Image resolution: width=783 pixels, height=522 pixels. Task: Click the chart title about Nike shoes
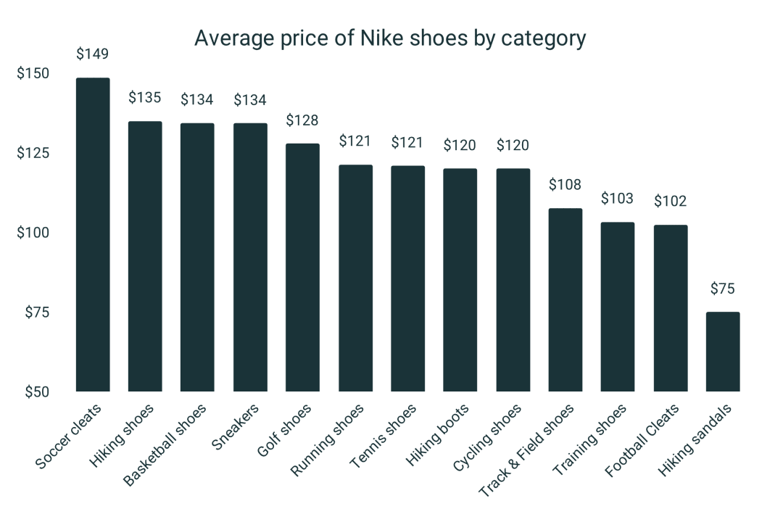pos(389,38)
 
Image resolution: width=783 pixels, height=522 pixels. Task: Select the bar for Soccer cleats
pos(93,235)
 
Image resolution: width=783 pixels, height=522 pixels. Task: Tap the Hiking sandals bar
pos(723,352)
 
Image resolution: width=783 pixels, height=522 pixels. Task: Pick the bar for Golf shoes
pos(302,268)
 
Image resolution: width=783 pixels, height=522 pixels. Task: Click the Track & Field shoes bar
pos(565,300)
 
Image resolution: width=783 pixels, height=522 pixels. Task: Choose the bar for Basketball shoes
pos(197,257)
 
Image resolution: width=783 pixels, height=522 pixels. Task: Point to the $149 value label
pos(93,54)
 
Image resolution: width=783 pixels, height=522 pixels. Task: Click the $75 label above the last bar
pos(723,289)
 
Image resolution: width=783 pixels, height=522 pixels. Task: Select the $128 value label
pos(302,120)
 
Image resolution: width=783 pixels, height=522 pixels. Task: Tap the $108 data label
pos(565,184)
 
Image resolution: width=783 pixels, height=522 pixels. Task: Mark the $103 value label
pos(618,198)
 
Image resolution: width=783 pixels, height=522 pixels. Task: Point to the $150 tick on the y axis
pos(33,73)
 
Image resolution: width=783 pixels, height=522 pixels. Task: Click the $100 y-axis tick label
pos(33,233)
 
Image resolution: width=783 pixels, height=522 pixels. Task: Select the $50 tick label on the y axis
pos(35,392)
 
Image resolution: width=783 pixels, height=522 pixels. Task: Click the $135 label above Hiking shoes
pos(145,98)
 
